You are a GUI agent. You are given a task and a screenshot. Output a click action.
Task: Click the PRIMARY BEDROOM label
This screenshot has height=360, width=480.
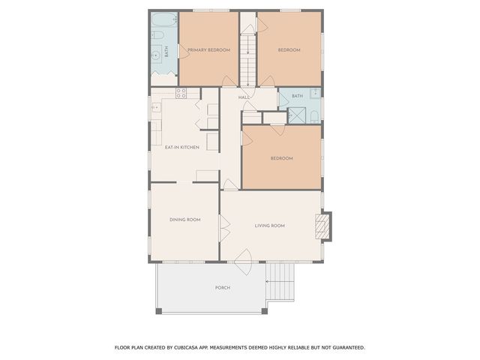[x=208, y=50]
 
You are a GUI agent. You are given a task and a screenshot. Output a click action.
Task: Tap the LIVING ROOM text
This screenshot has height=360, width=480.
[x=270, y=225]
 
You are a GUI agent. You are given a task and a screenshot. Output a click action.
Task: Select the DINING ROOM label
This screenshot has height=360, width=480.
[x=184, y=220]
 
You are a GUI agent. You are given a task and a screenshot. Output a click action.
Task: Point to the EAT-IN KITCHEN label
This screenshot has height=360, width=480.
[x=182, y=147]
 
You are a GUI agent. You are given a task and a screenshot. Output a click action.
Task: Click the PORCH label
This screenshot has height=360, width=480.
[x=222, y=288]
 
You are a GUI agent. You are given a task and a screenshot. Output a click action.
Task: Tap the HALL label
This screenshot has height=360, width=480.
[x=244, y=98]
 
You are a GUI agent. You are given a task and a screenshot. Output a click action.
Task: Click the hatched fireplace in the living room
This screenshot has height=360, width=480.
[x=322, y=226]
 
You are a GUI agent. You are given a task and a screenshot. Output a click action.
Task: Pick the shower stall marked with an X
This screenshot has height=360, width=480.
[x=296, y=115]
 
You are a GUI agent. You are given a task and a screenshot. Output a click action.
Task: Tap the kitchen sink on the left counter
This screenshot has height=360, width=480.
[x=157, y=108]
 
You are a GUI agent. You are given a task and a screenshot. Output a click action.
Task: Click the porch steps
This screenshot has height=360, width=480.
[x=282, y=281]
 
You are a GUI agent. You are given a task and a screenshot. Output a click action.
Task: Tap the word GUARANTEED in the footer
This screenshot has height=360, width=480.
[x=348, y=347]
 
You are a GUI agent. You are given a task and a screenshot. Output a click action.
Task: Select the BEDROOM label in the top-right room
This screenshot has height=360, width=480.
[x=289, y=50]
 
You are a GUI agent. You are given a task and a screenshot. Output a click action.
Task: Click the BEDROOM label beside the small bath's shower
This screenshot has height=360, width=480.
[x=281, y=158]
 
